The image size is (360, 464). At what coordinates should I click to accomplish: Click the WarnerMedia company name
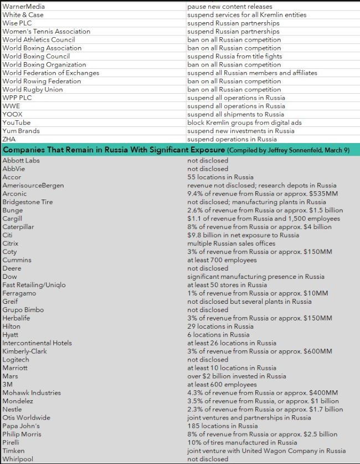click(23, 6)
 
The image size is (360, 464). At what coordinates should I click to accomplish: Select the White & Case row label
click(23, 14)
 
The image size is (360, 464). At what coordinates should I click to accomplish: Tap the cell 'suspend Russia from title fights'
click(235, 56)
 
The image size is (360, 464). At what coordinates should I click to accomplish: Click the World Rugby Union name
click(33, 89)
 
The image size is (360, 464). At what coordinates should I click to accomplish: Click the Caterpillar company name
click(19, 227)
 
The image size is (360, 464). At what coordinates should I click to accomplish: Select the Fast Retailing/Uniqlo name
click(34, 285)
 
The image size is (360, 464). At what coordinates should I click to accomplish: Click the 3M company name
click(8, 384)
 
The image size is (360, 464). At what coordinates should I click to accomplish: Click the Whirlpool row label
click(17, 459)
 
